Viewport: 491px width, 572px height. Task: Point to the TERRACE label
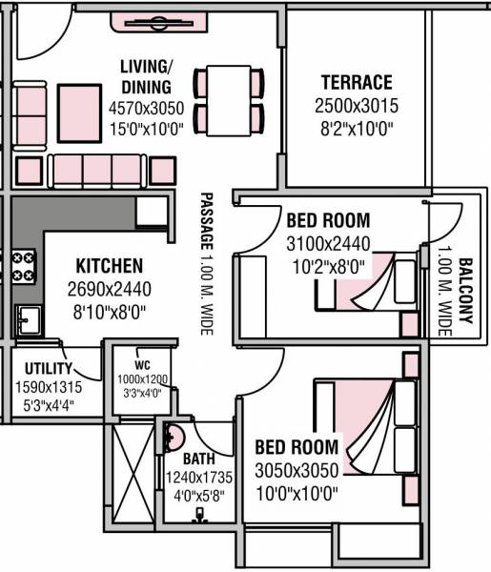tap(356, 82)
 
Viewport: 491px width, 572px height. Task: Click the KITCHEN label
tap(110, 266)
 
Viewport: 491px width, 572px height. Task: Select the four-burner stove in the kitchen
tap(22, 266)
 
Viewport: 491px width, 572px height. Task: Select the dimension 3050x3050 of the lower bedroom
tap(297, 470)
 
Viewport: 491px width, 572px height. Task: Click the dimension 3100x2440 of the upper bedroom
tap(328, 243)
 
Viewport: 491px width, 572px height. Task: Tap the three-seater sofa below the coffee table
tap(98, 171)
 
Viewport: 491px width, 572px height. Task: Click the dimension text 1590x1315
tap(48, 387)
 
